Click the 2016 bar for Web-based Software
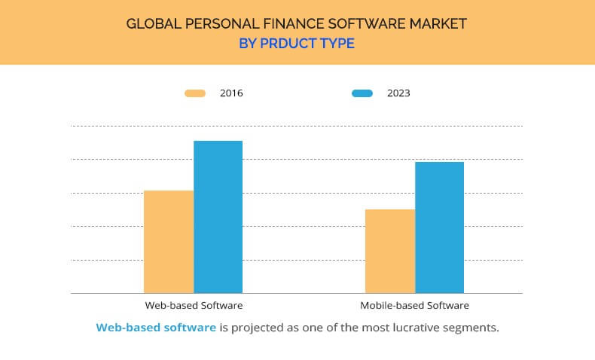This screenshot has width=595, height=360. [x=169, y=242]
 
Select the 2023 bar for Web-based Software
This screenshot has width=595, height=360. [x=218, y=217]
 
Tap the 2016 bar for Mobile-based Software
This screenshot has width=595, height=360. [x=390, y=251]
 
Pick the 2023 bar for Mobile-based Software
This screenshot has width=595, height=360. [x=440, y=227]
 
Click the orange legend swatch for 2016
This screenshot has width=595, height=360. [x=195, y=93]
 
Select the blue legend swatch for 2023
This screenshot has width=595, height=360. [x=362, y=93]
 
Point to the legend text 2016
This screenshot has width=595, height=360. [x=231, y=93]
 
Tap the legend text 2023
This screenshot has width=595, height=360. [x=398, y=93]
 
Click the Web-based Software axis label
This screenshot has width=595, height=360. [x=194, y=306]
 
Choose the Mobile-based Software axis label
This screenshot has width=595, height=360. [x=414, y=306]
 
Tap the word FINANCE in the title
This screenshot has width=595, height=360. [x=287, y=24]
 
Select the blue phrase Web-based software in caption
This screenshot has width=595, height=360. [x=156, y=328]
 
